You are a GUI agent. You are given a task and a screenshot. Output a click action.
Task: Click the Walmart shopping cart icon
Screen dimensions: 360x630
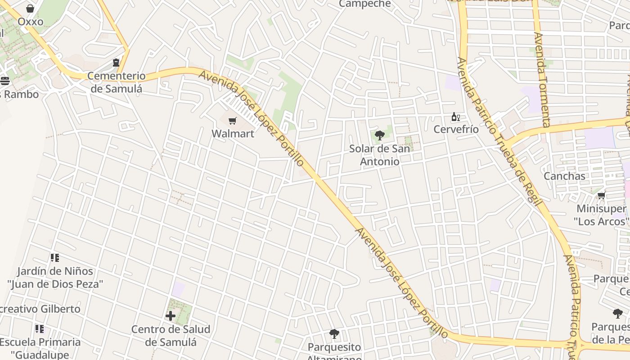[x=232, y=121]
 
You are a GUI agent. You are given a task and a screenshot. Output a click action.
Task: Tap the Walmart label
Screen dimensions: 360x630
[x=233, y=134]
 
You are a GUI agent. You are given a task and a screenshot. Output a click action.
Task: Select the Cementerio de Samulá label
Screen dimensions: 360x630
[x=117, y=82]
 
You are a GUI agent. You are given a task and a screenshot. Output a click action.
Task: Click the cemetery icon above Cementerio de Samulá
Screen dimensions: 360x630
[x=117, y=63]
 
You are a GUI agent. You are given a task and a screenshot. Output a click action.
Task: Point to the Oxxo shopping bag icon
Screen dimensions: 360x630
[x=30, y=9]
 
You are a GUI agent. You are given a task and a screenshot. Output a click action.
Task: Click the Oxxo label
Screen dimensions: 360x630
[x=31, y=22]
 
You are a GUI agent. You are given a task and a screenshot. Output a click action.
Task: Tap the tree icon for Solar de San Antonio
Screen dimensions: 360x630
[x=379, y=135]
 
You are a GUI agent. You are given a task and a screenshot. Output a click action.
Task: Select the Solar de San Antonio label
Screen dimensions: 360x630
[x=380, y=155]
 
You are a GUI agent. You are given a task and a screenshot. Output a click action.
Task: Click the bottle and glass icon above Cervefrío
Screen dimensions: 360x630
[x=456, y=117]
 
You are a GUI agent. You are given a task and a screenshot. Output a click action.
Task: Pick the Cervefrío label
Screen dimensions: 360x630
[x=456, y=130]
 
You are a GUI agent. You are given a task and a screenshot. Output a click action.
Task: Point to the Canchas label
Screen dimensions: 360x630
[x=564, y=176]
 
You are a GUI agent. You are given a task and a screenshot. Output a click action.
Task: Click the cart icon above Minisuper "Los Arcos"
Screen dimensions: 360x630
[x=601, y=196]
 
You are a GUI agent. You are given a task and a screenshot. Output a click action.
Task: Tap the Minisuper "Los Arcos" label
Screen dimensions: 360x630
[x=601, y=215]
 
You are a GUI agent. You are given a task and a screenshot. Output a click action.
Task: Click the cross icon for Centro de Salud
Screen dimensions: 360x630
[x=171, y=316]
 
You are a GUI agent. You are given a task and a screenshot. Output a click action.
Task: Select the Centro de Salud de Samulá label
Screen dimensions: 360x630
[x=171, y=336]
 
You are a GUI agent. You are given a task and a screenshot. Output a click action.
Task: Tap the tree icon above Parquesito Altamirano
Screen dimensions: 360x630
[x=334, y=334]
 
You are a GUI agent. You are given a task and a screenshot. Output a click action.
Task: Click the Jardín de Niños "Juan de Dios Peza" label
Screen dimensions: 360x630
[x=55, y=278]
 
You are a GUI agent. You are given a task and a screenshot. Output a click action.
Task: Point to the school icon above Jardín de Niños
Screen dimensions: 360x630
[x=55, y=258]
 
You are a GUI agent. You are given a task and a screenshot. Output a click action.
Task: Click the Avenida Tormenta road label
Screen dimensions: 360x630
[x=543, y=80]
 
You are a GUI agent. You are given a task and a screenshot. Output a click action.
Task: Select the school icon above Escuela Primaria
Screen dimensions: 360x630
[x=40, y=329]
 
